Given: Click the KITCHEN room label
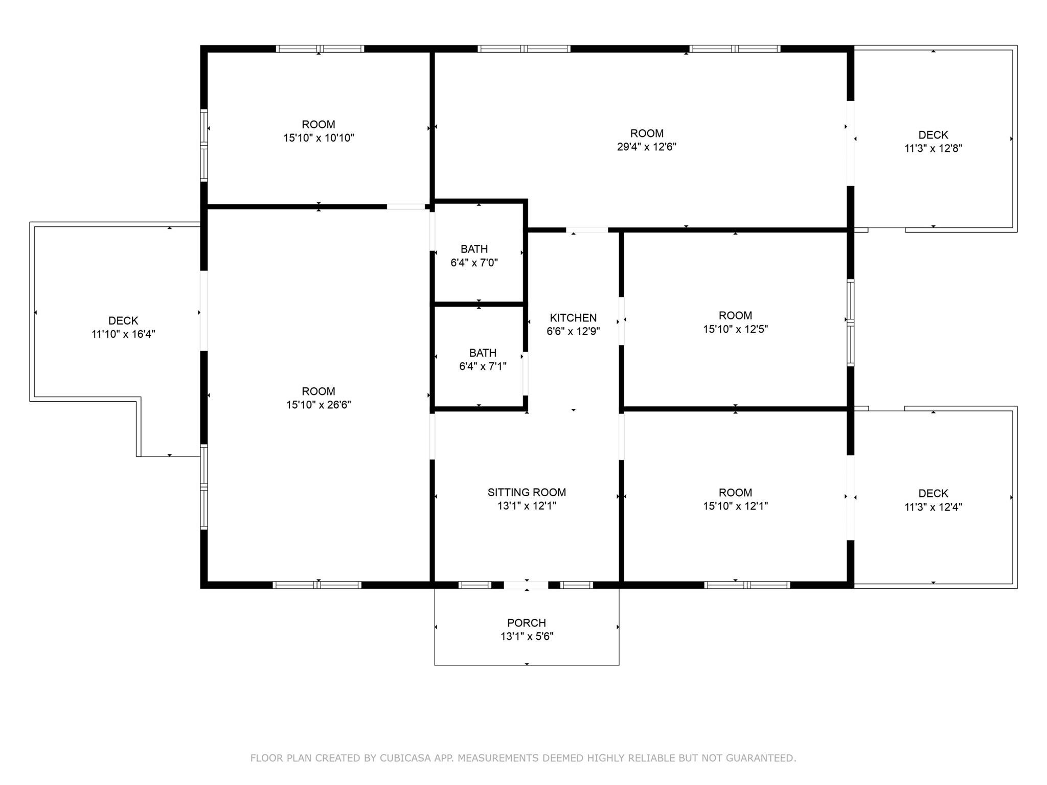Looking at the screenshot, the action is (x=573, y=317).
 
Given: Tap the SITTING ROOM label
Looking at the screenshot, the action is (x=527, y=492).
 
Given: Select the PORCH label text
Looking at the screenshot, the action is (x=527, y=622).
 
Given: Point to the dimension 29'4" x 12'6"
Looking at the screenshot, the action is (x=647, y=147).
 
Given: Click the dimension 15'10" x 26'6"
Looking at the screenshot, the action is (x=318, y=405).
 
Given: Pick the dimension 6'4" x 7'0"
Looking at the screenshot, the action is (x=474, y=263).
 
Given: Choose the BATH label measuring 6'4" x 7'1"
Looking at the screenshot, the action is (x=483, y=353).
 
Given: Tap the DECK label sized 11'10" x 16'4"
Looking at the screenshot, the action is (x=123, y=320).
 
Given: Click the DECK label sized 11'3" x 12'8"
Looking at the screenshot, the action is (x=934, y=135).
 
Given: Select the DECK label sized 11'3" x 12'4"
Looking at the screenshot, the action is (x=934, y=493).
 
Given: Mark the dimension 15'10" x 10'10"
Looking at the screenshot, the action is (x=318, y=137).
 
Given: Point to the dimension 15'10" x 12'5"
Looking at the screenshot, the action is (x=735, y=329).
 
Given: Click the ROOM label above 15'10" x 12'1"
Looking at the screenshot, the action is (x=735, y=492).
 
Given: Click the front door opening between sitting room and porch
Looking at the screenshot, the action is (x=526, y=585).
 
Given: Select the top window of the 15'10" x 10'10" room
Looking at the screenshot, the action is (x=320, y=49).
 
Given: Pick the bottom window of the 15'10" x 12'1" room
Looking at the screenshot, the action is (x=747, y=585).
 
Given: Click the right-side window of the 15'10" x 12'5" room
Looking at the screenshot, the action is (x=850, y=322).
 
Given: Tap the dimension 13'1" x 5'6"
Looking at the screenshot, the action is (x=527, y=636).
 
